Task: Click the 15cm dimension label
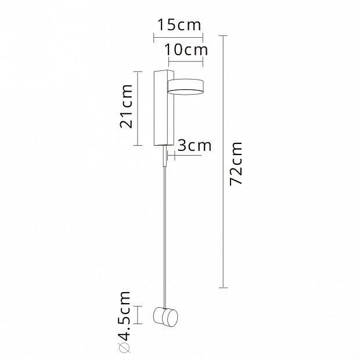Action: pyautogui.click(x=179, y=25)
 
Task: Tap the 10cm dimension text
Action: pyautogui.click(x=186, y=50)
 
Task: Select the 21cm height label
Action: pyautogui.click(x=126, y=106)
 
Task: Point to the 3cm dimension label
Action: pyautogui.click(x=195, y=146)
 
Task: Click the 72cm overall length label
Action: pyautogui.click(x=236, y=164)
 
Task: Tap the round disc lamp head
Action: pyautogui.click(x=185, y=87)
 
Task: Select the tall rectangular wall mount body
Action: pyautogui.click(x=164, y=107)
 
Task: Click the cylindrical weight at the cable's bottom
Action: pyautogui.click(x=165, y=317)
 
